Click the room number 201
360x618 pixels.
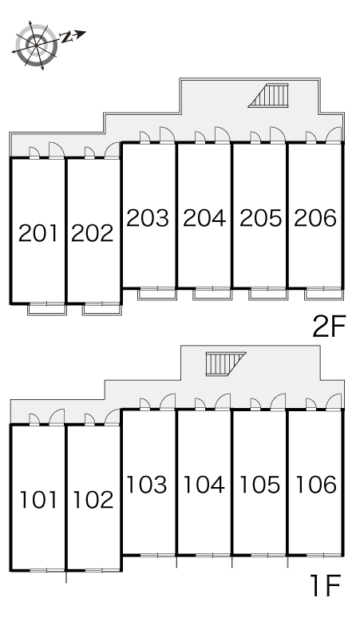38,233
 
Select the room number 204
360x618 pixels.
204,218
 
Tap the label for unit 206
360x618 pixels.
315,218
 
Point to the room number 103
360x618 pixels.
147,485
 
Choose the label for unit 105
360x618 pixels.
260,485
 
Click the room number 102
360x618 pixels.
93,499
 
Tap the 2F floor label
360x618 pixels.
329,327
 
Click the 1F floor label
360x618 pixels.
326,586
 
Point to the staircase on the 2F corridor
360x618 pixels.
269,95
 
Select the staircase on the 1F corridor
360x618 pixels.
225,364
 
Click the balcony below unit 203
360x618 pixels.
156,294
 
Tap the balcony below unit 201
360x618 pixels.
46,309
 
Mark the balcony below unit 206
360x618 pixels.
324,294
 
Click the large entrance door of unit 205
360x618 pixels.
277,134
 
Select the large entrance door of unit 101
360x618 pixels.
57,417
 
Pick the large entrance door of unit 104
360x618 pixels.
223,402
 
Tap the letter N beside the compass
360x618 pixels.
67,38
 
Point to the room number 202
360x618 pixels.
93,233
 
